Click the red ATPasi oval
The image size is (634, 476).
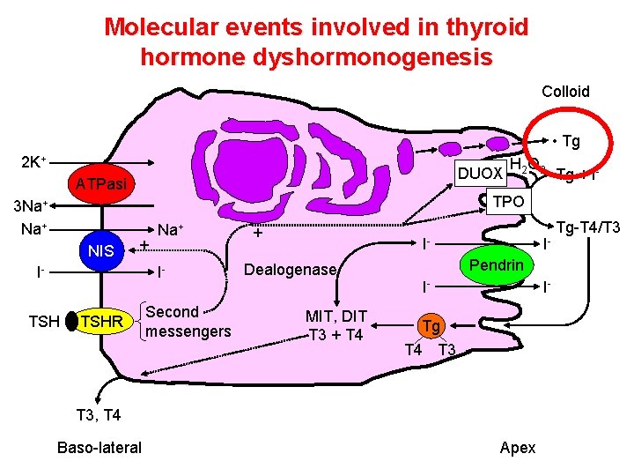click(x=101, y=183)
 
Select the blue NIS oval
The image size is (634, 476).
click(x=101, y=251)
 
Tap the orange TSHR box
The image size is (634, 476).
click(x=102, y=323)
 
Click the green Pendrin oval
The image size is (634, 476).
click(x=496, y=265)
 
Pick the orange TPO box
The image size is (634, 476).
click(x=508, y=201)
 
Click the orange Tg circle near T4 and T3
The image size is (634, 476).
click(x=430, y=326)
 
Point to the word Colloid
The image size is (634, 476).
click(x=565, y=92)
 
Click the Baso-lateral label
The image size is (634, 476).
click(x=99, y=447)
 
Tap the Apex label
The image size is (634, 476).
click(x=517, y=447)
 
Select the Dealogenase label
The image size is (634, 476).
click(x=290, y=270)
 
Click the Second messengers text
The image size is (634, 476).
click(x=188, y=322)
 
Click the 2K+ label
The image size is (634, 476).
click(x=33, y=164)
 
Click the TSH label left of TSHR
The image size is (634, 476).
click(x=43, y=323)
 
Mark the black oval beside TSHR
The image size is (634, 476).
click(x=71, y=323)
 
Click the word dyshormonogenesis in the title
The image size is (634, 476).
click(x=316, y=57)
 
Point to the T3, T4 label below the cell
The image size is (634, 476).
click(x=99, y=414)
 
